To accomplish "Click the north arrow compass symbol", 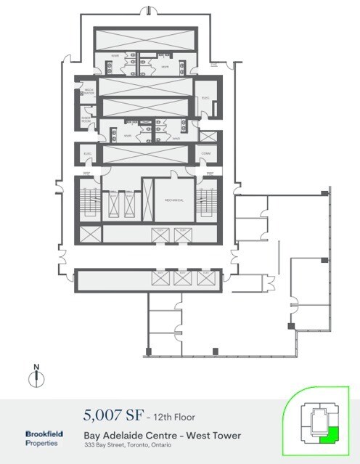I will tap(33, 378).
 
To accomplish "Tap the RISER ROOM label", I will tap(86, 121).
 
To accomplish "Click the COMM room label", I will tap(206, 153).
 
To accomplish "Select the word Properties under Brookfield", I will tap(43, 442).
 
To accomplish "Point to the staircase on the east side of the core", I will tap(206, 201).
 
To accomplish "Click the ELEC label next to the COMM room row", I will tap(86, 154).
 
